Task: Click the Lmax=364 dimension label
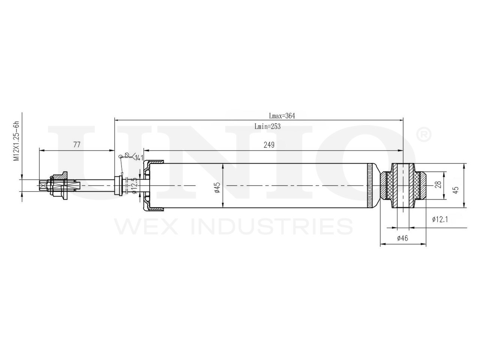click(x=282, y=116)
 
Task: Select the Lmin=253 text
click(x=267, y=126)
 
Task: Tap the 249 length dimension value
click(x=269, y=145)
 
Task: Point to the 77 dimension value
click(x=76, y=145)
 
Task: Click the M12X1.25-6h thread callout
click(x=16, y=141)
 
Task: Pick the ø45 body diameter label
click(x=217, y=186)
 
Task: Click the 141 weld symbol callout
click(x=139, y=157)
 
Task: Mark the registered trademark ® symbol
click(x=424, y=135)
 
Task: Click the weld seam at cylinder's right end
click(x=371, y=186)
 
